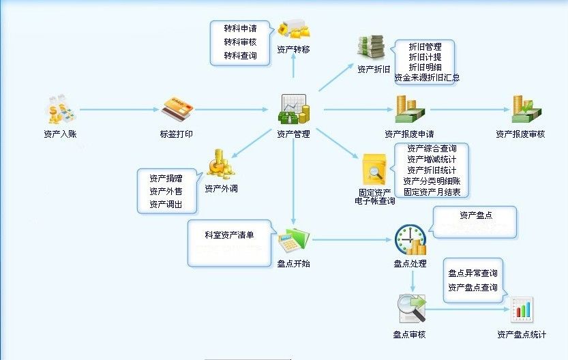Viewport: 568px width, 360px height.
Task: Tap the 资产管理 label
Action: click(293, 134)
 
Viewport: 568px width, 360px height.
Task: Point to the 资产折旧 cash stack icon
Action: click(373, 48)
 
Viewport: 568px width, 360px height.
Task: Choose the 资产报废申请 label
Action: click(409, 134)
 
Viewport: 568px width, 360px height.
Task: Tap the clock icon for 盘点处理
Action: click(410, 238)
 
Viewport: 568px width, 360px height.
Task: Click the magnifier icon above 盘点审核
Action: click(411, 309)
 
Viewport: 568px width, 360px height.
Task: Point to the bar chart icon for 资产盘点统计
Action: click(522, 310)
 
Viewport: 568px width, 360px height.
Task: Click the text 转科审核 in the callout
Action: click(240, 42)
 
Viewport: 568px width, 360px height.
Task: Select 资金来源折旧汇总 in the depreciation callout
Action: click(427, 78)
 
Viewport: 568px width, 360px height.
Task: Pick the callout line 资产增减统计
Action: click(432, 160)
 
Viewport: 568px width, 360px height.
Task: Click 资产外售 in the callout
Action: click(166, 192)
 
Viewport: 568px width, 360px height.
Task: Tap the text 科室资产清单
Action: click(229, 235)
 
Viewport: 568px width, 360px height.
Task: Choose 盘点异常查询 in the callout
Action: click(473, 273)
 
